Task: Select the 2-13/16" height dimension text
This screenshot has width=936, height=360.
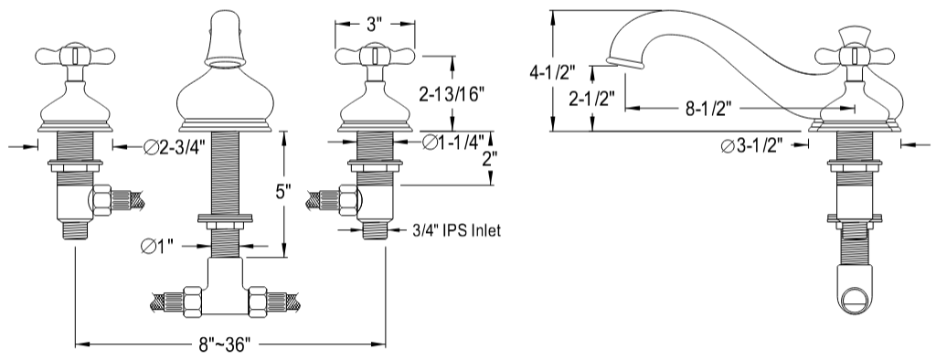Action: [x=454, y=93]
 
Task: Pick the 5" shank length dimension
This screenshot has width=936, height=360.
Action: [x=284, y=194]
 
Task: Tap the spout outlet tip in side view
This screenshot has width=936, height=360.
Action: [x=623, y=62]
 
